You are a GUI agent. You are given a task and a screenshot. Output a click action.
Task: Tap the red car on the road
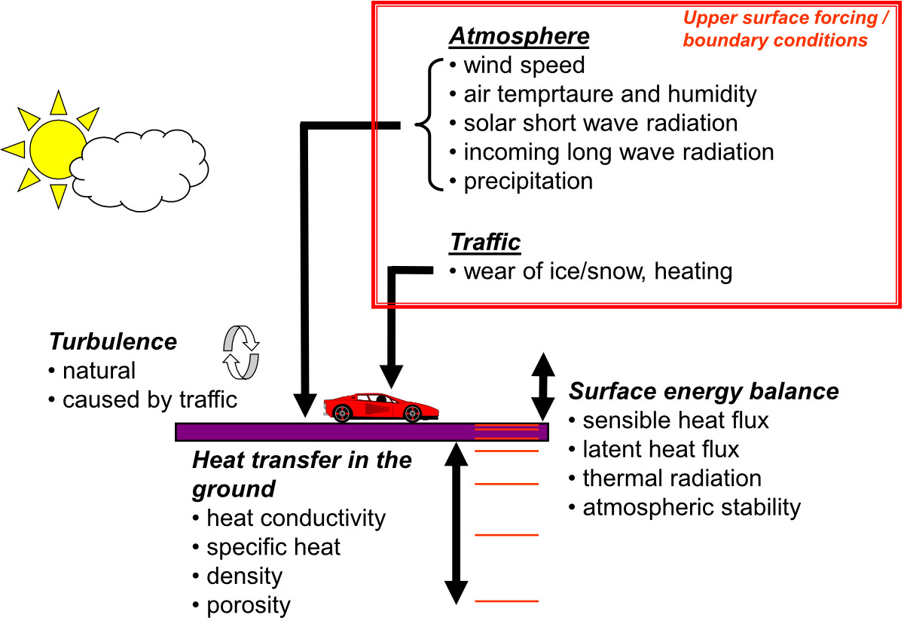[x=372, y=407]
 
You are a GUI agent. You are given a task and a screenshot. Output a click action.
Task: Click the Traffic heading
[x=485, y=242]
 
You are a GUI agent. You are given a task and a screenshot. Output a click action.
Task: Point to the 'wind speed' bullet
[x=524, y=66]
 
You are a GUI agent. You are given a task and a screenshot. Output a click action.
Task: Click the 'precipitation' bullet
[x=527, y=182]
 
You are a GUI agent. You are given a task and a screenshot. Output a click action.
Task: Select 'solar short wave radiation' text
[x=600, y=123]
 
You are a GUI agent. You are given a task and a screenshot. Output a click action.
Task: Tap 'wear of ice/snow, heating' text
[x=597, y=271]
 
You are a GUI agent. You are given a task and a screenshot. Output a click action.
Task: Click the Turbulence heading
[x=113, y=341]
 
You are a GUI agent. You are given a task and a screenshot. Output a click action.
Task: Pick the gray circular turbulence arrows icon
[x=241, y=352]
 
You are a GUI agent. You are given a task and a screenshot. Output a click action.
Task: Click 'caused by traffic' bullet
[x=149, y=399]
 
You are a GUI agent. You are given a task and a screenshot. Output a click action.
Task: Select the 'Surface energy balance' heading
[x=704, y=391]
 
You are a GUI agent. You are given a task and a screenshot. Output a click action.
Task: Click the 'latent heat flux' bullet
[x=661, y=449]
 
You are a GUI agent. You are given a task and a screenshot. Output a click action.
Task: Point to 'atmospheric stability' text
[x=691, y=507]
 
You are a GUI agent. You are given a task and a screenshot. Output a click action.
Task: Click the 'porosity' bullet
[x=249, y=605]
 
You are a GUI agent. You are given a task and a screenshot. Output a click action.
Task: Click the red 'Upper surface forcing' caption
[x=775, y=29]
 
